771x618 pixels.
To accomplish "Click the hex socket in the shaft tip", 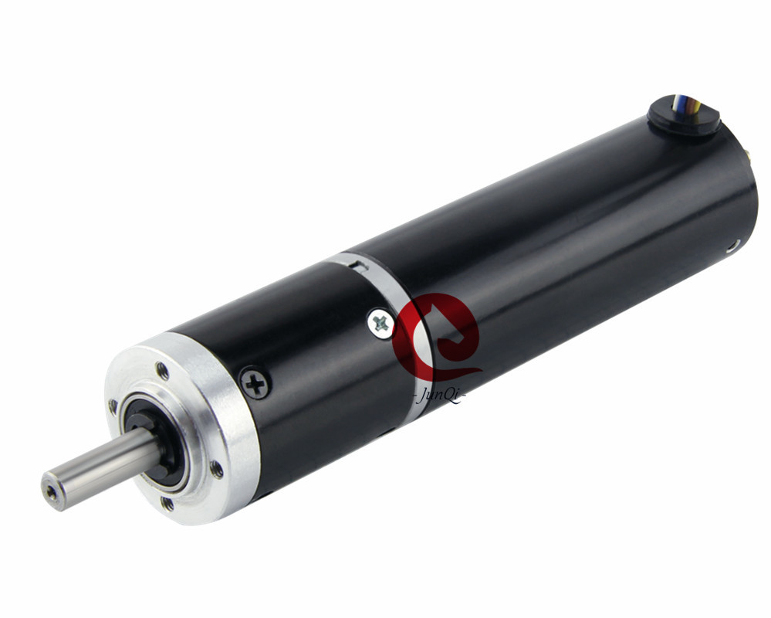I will [51, 490].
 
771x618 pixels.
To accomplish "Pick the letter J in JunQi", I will [424, 398].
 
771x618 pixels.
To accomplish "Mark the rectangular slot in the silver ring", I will [356, 266].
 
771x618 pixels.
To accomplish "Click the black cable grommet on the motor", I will [683, 115].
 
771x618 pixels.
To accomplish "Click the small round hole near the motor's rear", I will [732, 245].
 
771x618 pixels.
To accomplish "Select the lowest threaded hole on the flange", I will [167, 503].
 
